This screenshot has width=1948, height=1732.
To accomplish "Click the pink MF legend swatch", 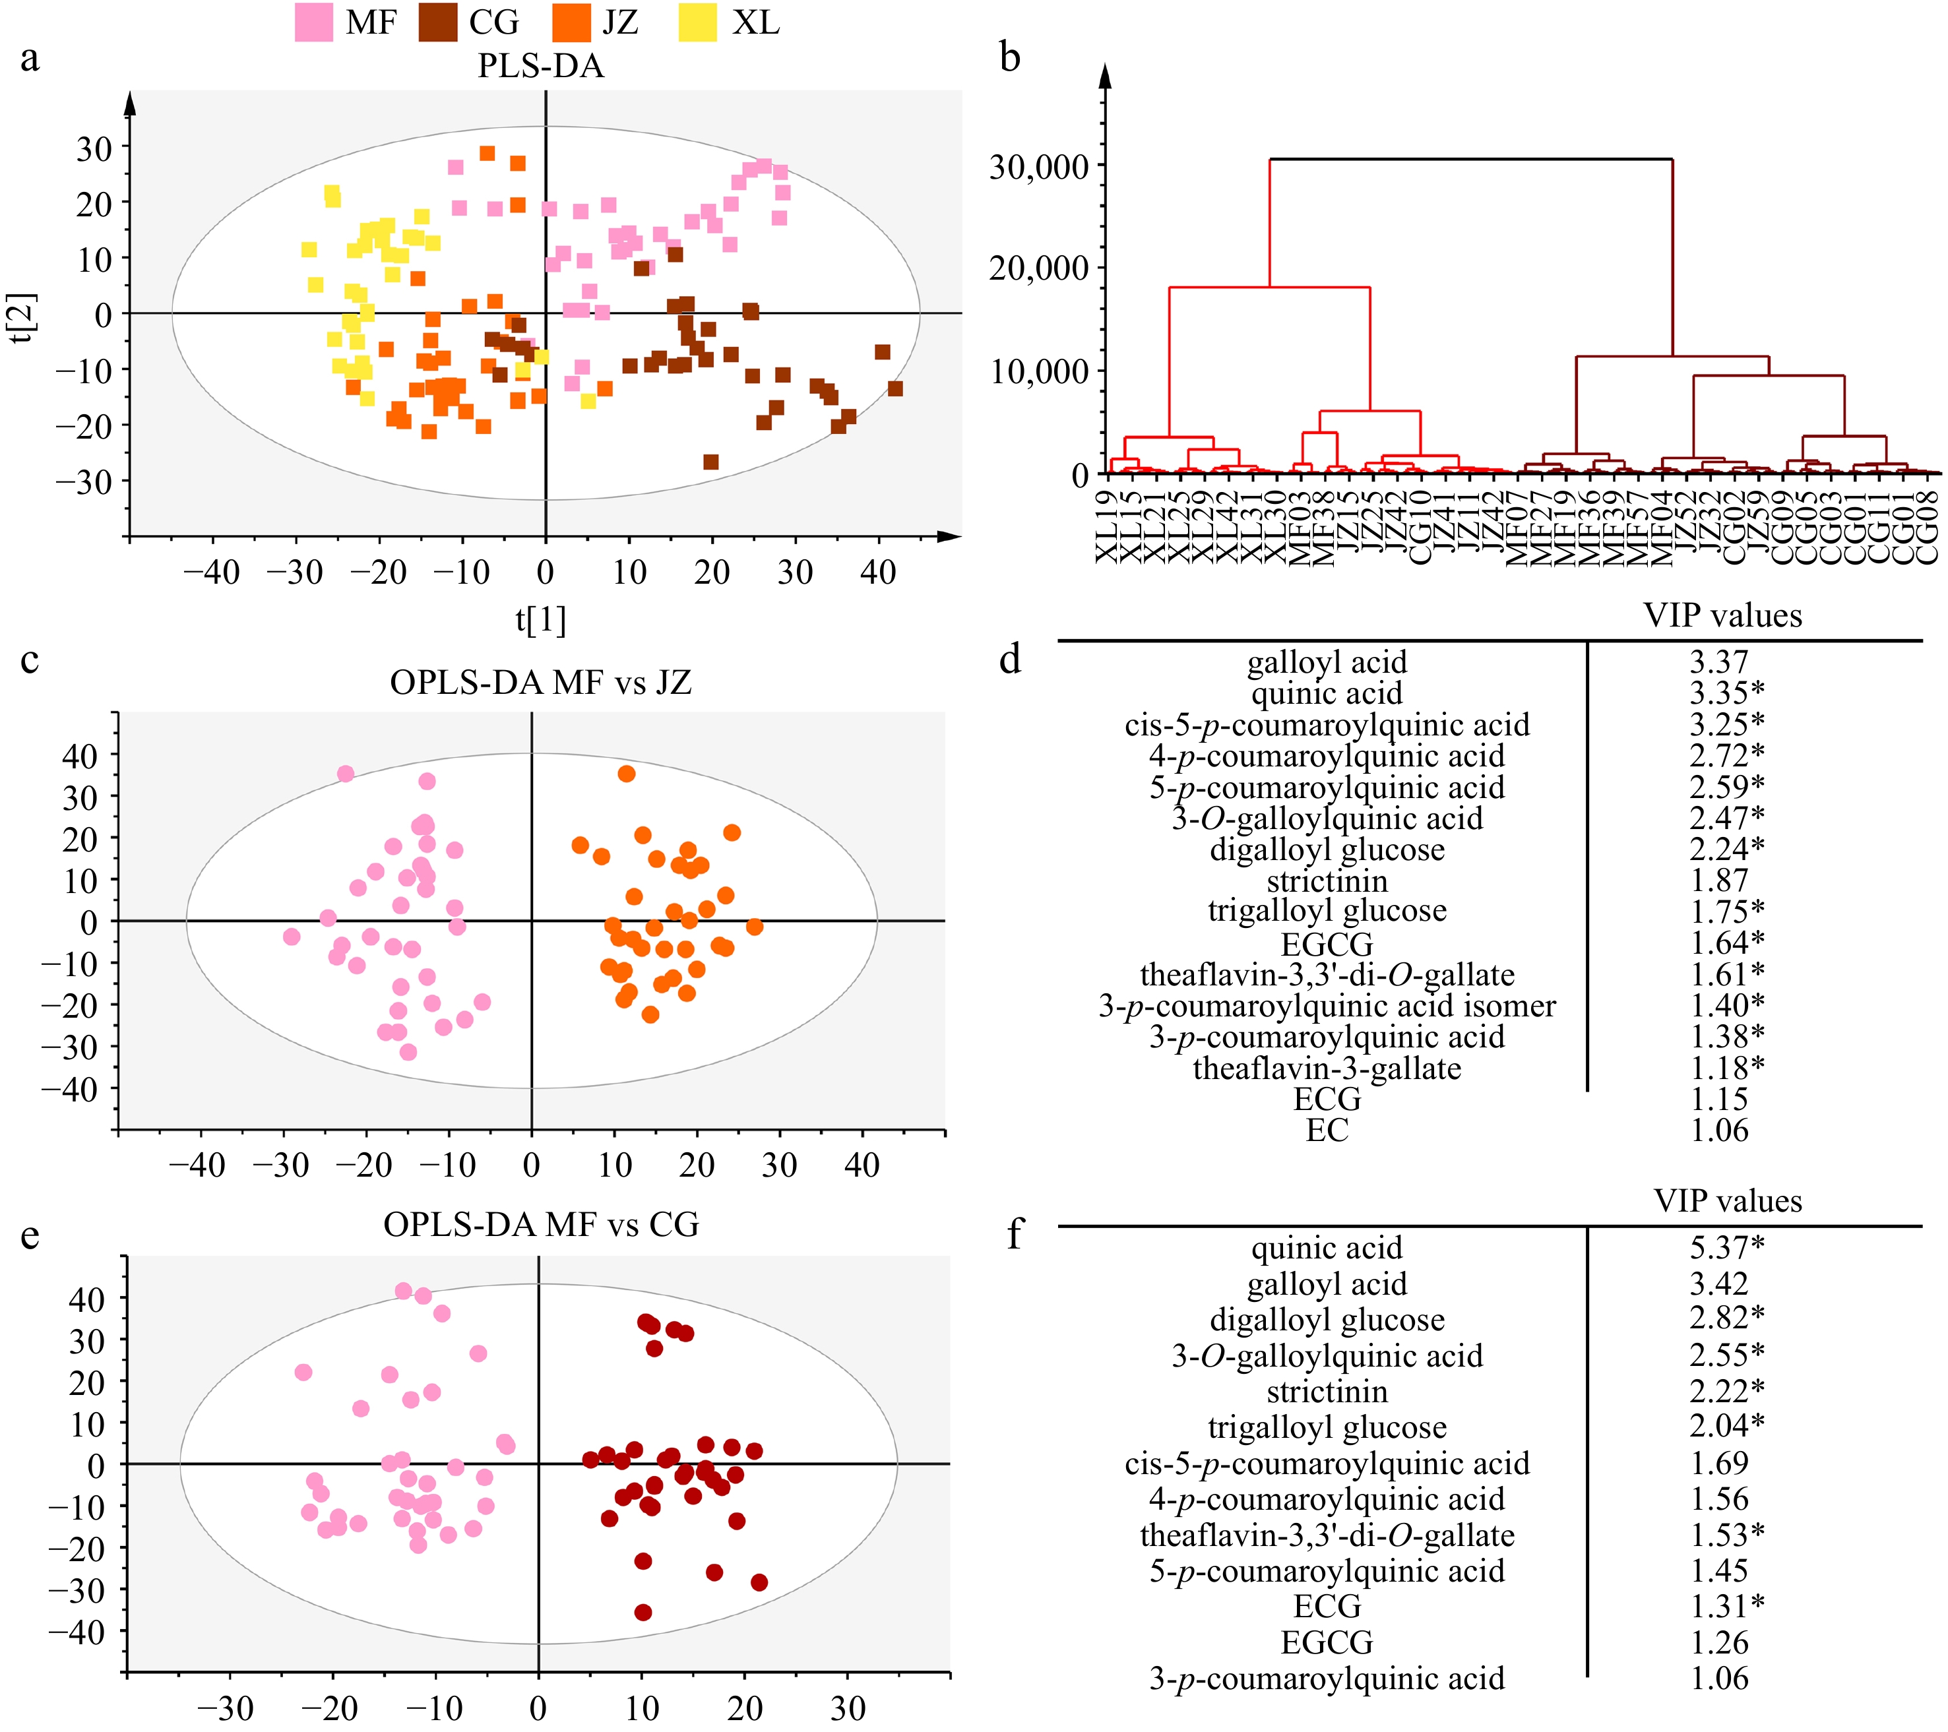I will (313, 22).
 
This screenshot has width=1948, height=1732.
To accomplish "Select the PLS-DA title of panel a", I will (540, 66).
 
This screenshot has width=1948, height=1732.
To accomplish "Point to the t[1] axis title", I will (540, 619).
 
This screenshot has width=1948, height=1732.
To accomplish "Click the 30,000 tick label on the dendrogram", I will (1039, 167).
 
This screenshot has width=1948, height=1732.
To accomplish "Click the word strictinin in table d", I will (1327, 881).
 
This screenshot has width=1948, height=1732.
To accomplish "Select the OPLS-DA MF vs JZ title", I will (540, 682).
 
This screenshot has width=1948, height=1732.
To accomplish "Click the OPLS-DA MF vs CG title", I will (540, 1224).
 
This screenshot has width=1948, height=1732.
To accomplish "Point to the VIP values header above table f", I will (1727, 1200).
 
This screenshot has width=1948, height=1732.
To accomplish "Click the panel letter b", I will (1010, 57).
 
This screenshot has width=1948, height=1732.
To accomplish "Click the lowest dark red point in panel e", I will (643, 1612).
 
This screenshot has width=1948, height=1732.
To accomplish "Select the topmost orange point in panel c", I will (626, 774).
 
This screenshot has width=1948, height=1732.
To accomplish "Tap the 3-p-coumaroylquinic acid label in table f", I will (1327, 1678).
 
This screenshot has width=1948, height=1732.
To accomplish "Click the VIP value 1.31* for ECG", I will (1727, 1606).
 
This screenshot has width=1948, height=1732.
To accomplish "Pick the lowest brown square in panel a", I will (710, 462).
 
